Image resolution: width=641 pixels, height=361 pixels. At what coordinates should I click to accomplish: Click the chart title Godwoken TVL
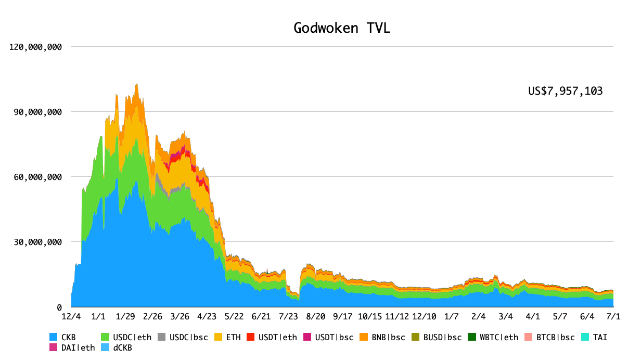(342, 28)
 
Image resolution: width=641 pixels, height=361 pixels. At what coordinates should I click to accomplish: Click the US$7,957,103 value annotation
(565, 91)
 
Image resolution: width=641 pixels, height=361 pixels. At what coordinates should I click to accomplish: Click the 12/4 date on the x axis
(71, 316)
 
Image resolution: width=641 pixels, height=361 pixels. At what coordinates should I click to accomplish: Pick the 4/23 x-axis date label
(207, 316)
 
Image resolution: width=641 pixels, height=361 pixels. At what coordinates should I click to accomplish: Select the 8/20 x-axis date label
(315, 316)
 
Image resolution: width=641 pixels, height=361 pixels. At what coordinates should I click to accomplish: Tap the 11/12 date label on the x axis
(397, 316)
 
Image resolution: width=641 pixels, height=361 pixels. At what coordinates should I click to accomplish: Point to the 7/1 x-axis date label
(613, 316)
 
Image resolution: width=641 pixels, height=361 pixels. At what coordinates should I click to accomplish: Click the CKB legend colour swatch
(53, 337)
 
